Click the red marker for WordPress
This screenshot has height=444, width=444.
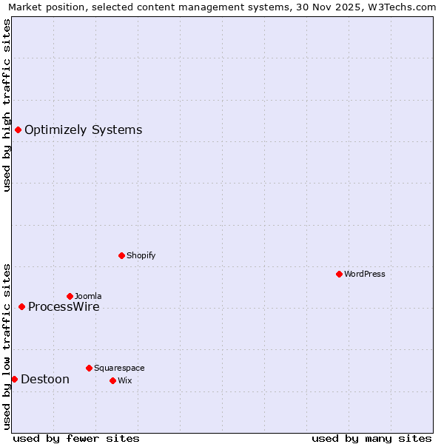[x=339, y=274]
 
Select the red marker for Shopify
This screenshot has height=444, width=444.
[x=121, y=255]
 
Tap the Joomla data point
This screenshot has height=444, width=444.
[x=70, y=296]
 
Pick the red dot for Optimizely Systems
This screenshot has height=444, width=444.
[x=18, y=130]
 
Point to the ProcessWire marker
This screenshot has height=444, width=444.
[x=21, y=306]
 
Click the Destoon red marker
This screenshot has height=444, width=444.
[x=14, y=379]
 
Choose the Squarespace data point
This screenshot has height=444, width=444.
[x=89, y=368]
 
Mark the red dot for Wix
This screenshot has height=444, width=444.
[x=112, y=380]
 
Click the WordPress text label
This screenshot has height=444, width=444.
[x=365, y=274]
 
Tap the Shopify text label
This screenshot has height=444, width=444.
[x=141, y=255]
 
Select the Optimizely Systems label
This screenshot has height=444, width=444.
[x=83, y=130]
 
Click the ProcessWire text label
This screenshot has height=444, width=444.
[x=64, y=307]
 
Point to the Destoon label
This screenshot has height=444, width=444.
[x=45, y=380]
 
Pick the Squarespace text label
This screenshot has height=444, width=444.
[x=119, y=368]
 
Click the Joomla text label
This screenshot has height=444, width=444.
[x=88, y=296]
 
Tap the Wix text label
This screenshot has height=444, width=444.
[x=124, y=380]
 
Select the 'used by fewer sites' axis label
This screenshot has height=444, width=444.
[x=76, y=438]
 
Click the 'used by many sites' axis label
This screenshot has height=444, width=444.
[x=371, y=438]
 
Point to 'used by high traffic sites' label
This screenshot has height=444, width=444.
[x=7, y=104]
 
